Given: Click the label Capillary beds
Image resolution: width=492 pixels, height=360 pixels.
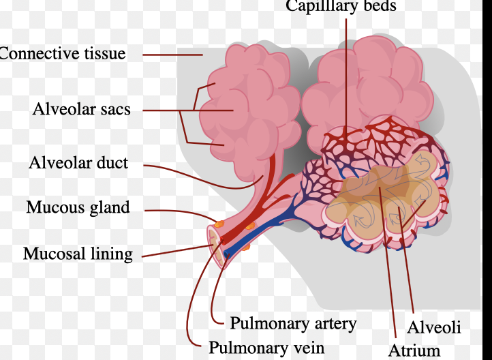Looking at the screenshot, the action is click(x=341, y=6).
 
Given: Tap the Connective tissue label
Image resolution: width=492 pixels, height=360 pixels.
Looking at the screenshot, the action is click(x=63, y=54).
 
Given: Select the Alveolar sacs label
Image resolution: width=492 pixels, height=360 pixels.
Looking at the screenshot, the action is click(x=82, y=109).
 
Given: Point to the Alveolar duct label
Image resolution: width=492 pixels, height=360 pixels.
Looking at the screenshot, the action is click(x=78, y=162).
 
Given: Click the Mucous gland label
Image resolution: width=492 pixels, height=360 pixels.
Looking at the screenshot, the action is click(x=78, y=207).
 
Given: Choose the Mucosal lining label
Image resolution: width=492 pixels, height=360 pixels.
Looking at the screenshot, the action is click(x=78, y=254).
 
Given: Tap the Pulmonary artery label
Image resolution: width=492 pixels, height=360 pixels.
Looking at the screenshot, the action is click(x=293, y=323).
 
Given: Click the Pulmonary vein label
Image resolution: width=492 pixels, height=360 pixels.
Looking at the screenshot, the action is click(x=266, y=348).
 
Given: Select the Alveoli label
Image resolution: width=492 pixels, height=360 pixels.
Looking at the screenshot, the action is click(x=434, y=327).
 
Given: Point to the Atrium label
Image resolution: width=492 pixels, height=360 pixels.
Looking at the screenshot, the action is click(x=414, y=350).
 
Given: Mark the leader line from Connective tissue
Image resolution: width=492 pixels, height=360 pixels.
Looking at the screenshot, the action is click(x=172, y=55).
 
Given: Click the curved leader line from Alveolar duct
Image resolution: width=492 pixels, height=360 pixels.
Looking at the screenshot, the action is click(x=204, y=178).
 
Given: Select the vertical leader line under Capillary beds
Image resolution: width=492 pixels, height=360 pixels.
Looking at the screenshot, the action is click(x=346, y=78).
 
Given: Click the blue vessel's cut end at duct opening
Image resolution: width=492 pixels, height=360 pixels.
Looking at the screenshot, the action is click(x=226, y=254).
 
